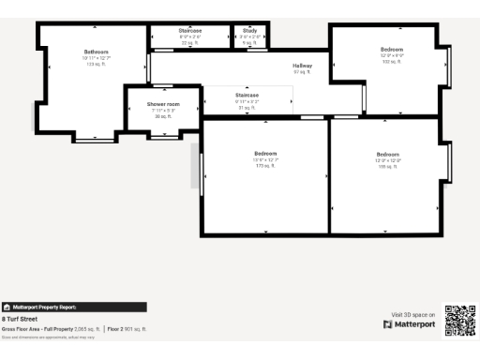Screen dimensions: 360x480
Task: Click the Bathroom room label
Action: [x=96, y=52]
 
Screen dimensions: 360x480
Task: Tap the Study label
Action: [x=249, y=31]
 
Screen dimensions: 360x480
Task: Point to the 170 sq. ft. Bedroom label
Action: [x=266, y=153]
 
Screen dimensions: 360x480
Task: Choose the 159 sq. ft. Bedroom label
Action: [x=388, y=154]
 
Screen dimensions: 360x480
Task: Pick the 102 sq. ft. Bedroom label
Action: [x=391, y=49]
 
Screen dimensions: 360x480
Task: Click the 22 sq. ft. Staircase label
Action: [x=190, y=31]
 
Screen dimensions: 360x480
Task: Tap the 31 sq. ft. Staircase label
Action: [x=247, y=95]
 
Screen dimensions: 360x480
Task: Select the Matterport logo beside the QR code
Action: [x=410, y=324]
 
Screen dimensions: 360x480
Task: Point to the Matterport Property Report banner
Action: [x=74, y=307]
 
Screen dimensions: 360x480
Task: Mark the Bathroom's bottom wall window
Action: [x=93, y=140]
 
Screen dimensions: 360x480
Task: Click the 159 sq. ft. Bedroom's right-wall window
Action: [x=449, y=161]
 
